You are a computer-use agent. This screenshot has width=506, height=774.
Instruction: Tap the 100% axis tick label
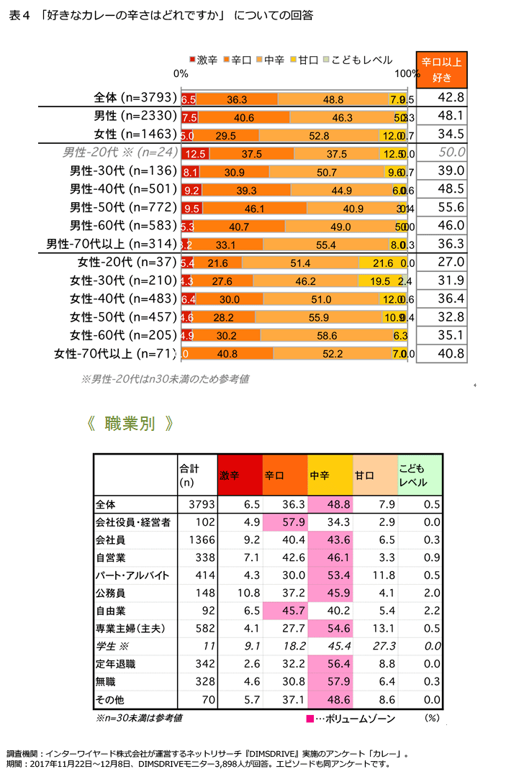[408, 73]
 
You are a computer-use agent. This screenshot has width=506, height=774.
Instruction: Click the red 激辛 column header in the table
[240, 475]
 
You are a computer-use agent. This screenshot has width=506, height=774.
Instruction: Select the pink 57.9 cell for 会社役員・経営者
[285, 522]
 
